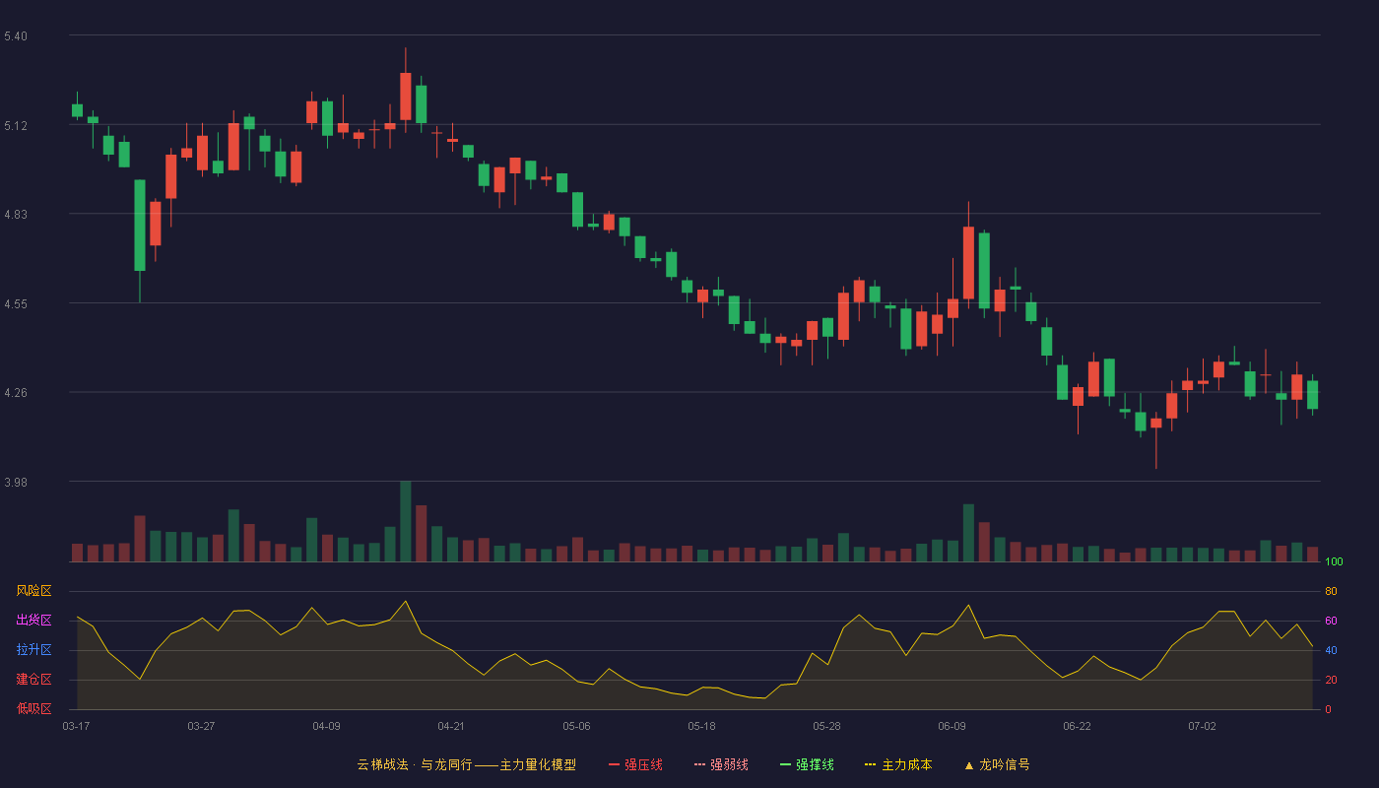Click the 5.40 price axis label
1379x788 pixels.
point(16,35)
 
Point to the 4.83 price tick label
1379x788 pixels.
point(16,215)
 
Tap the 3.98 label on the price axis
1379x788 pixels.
point(16,482)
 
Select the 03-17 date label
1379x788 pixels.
point(76,727)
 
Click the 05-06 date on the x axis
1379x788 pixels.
point(576,727)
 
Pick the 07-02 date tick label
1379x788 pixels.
point(1202,727)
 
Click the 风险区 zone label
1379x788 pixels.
point(33,591)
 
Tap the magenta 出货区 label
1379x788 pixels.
point(33,620)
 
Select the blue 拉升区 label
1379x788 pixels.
point(33,649)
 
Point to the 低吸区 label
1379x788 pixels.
point(33,708)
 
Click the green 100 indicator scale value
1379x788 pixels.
point(1334,561)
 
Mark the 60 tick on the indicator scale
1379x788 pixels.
point(1331,621)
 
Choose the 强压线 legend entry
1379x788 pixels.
point(635,764)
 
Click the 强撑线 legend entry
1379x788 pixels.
point(807,764)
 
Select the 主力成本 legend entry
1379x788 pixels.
point(898,764)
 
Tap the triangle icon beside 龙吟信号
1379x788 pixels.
point(969,766)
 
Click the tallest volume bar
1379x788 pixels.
point(405,521)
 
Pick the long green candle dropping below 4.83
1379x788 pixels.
point(140,226)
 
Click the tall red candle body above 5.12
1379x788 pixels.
point(405,97)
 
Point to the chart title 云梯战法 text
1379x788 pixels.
point(382,764)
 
